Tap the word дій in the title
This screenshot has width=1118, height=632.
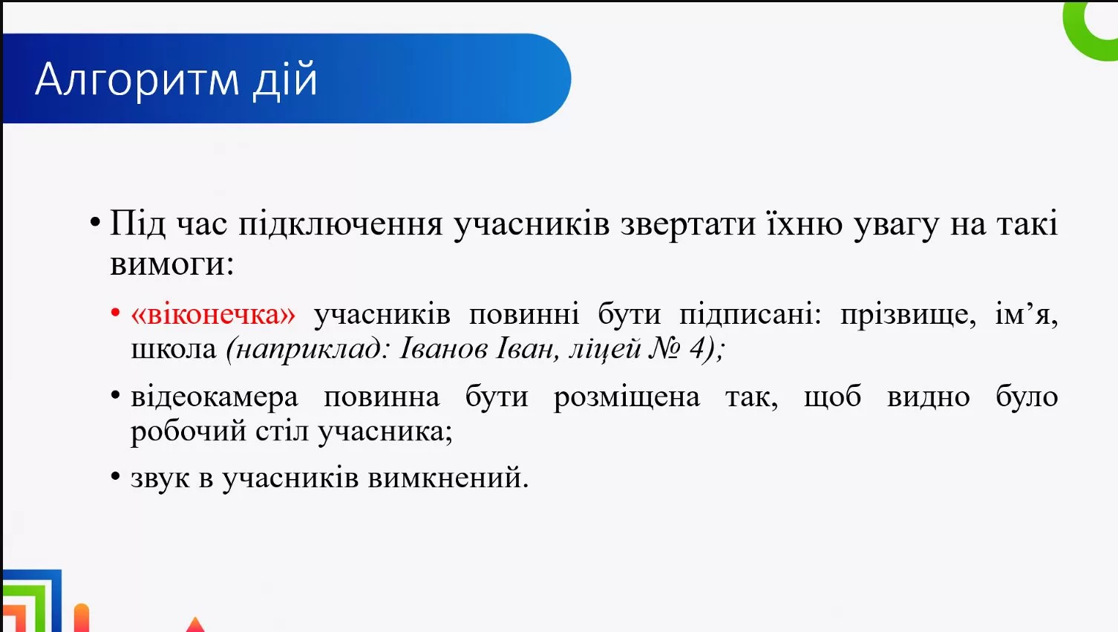pos(285,79)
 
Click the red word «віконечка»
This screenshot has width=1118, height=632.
pos(213,314)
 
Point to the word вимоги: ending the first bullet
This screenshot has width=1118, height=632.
pos(171,264)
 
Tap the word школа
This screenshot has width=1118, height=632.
pos(173,348)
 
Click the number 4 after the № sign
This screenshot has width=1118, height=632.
pos(697,348)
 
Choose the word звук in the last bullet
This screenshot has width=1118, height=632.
pos(160,478)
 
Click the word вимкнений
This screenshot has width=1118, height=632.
pos(448,478)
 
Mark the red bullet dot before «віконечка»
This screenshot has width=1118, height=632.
pos(115,313)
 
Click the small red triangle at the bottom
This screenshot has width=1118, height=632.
pos(195,625)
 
